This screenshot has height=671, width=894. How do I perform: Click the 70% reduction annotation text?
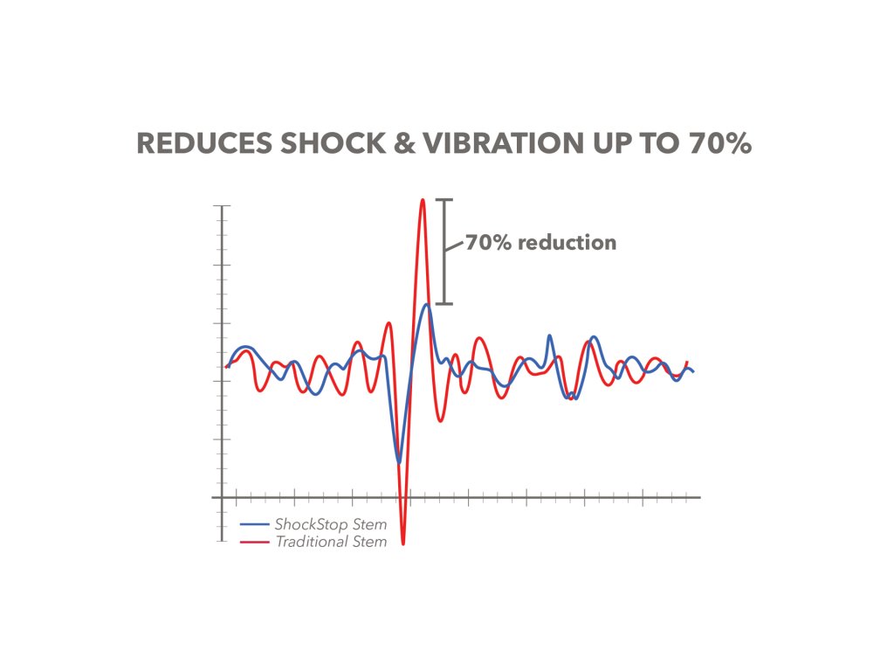pyautogui.click(x=540, y=242)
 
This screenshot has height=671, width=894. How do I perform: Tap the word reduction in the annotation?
pyautogui.click(x=567, y=242)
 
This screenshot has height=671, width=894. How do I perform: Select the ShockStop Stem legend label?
pyautogui.click(x=330, y=525)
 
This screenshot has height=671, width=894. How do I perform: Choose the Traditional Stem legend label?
pyautogui.click(x=330, y=542)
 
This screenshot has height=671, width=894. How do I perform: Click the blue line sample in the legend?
pyautogui.click(x=254, y=525)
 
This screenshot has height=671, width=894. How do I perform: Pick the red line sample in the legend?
pyautogui.click(x=254, y=542)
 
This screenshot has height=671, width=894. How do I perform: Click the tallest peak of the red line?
pyautogui.click(x=423, y=200)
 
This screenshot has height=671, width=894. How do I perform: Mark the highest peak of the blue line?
pyautogui.click(x=426, y=305)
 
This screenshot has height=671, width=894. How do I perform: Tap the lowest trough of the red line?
pyautogui.click(x=403, y=543)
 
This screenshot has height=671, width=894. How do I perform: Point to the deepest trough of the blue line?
pyautogui.click(x=399, y=462)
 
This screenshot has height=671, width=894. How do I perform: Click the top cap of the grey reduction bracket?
pyautogui.click(x=445, y=201)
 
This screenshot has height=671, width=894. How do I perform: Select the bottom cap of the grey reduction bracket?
pyautogui.click(x=445, y=304)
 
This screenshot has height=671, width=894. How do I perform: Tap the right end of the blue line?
pyautogui.click(x=693, y=372)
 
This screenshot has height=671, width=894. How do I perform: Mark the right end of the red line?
pyautogui.click(x=688, y=362)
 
